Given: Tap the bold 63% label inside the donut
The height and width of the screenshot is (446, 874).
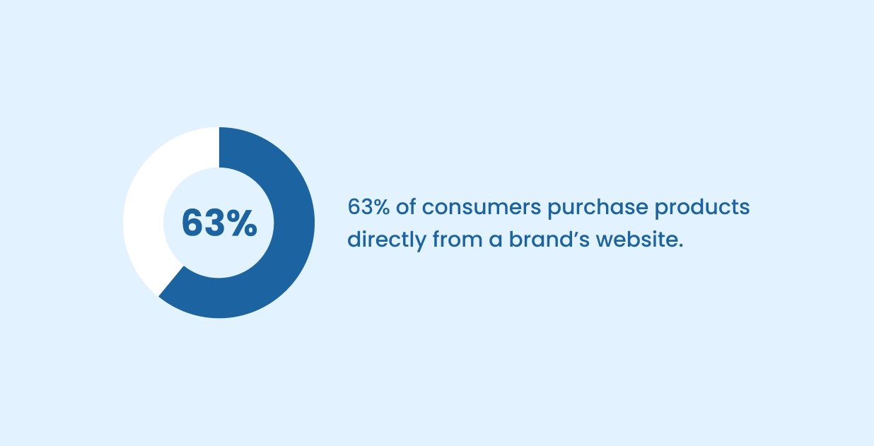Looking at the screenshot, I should point(219,223).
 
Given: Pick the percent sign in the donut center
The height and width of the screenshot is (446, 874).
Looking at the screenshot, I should point(242,223).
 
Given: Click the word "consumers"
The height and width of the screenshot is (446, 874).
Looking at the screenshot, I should point(478,208).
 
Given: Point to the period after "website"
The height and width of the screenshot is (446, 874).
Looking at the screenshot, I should point(681,246).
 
